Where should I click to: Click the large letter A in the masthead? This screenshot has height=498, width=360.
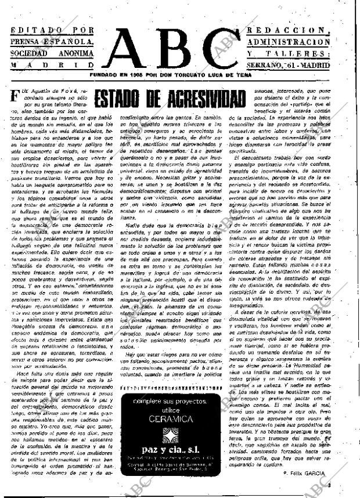click(133, 49)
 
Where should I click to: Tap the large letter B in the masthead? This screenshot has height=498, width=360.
click(178, 49)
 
